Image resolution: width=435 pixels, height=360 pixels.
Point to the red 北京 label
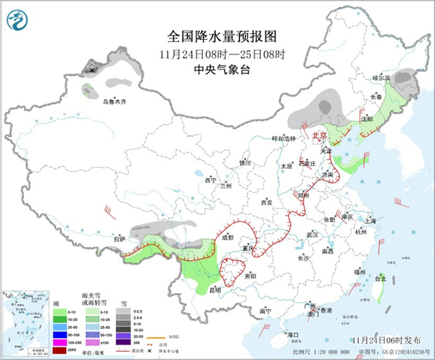(320, 136)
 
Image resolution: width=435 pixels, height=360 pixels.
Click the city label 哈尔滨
(381, 78)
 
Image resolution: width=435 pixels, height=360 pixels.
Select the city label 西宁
(211, 179)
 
